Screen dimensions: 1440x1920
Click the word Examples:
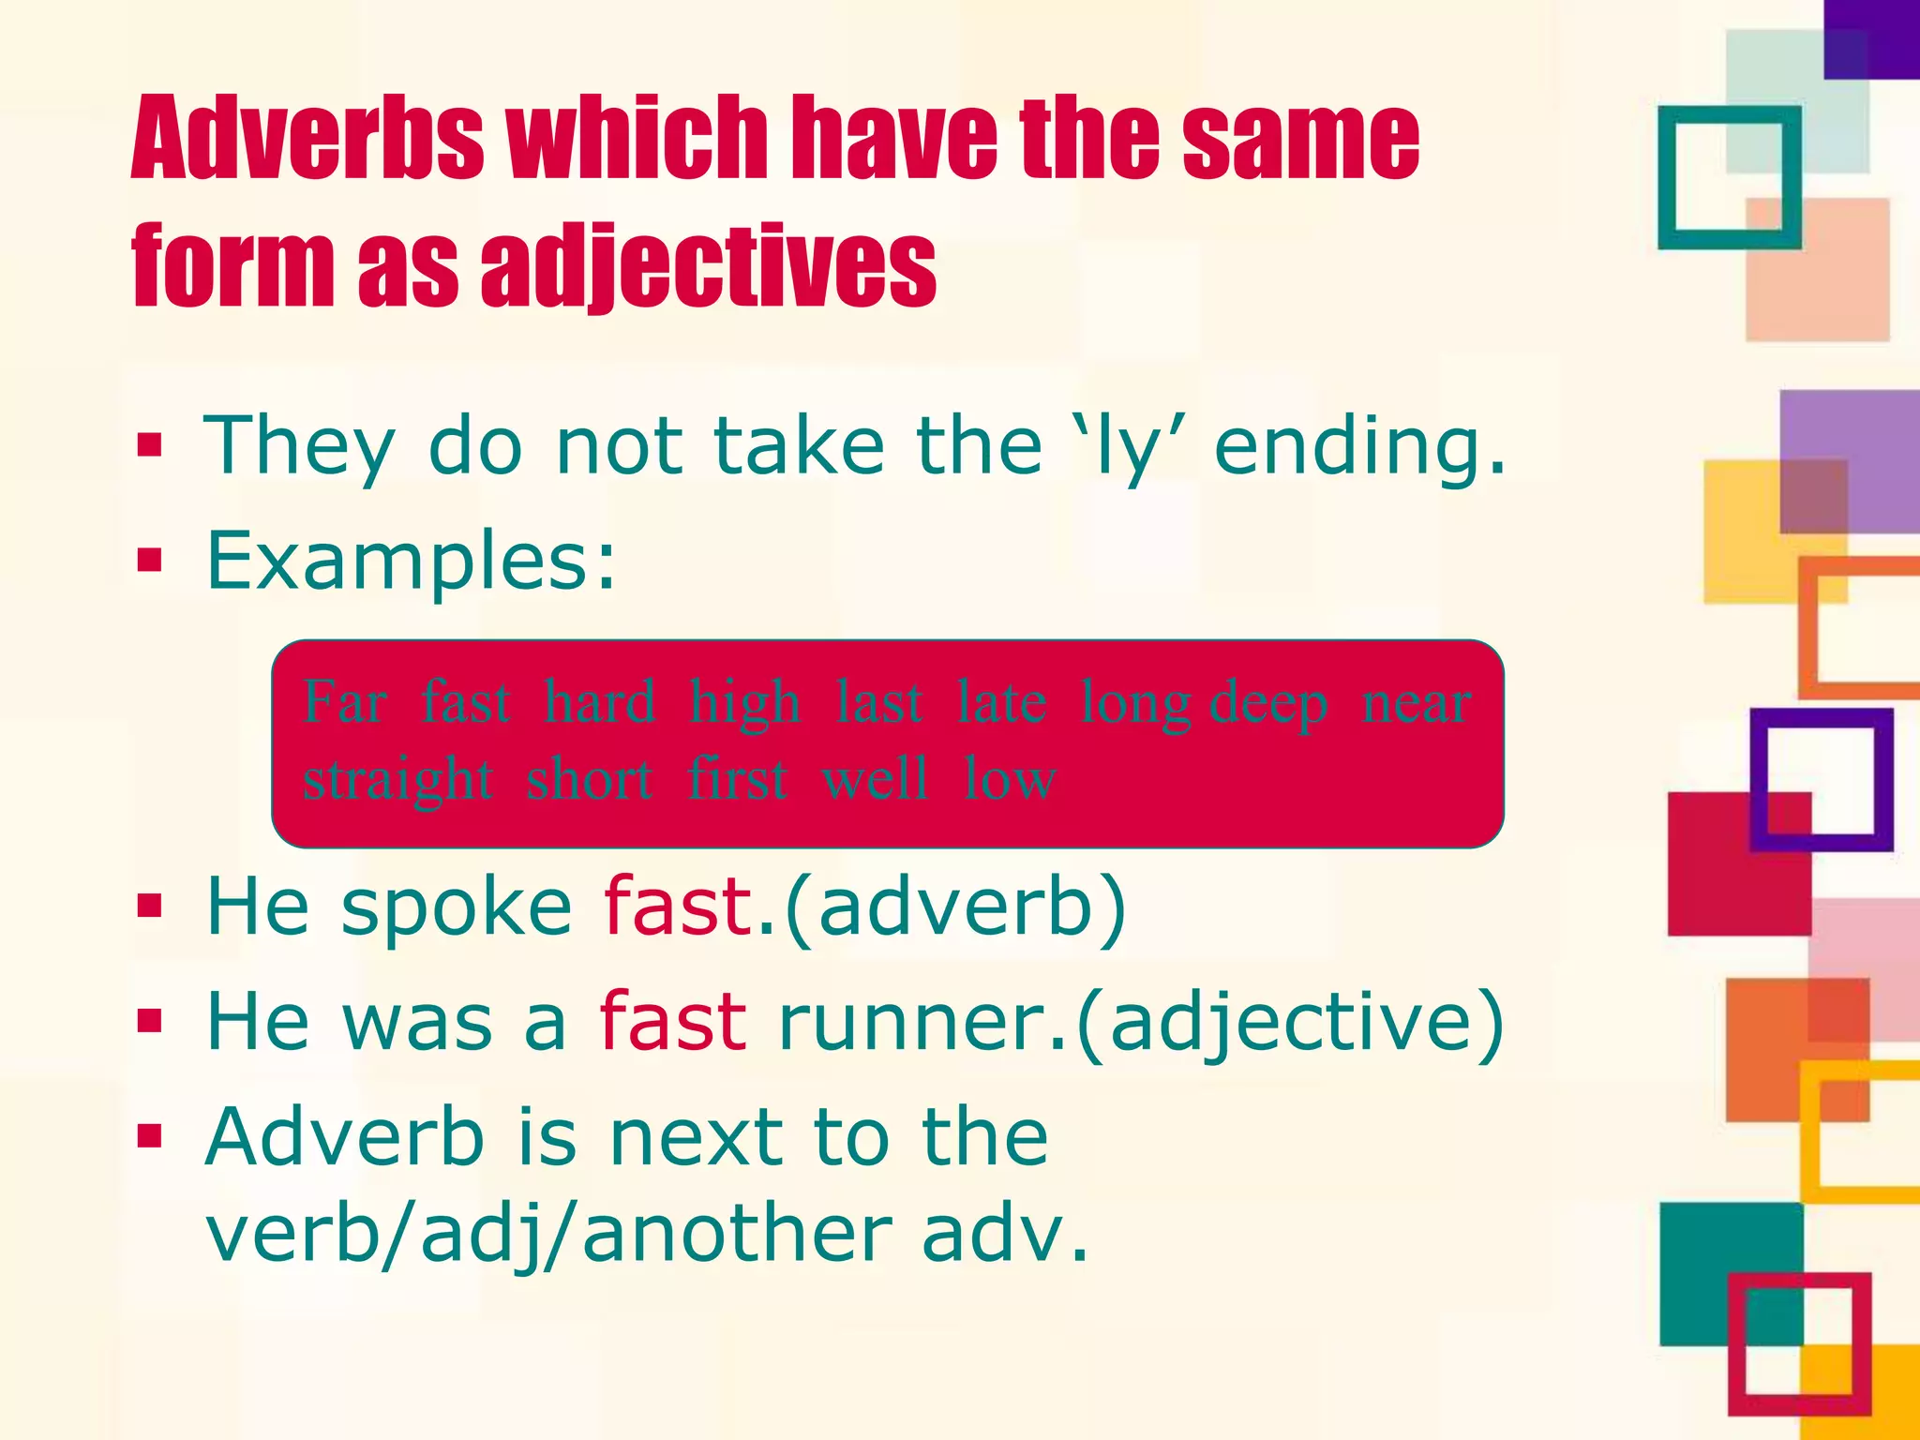(x=412, y=562)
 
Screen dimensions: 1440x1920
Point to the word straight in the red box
(x=397, y=779)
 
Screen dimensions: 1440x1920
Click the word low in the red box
(x=1010, y=779)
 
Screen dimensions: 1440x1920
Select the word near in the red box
(x=1416, y=703)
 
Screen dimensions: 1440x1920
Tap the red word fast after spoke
(x=678, y=907)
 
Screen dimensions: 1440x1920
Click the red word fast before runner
(x=672, y=1021)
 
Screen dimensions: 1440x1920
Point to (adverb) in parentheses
(x=953, y=907)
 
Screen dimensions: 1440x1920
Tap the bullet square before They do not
(x=149, y=446)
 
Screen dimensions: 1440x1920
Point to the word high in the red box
(x=744, y=703)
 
